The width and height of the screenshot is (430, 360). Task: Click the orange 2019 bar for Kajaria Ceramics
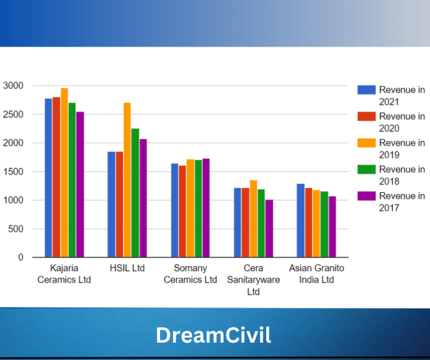coord(64,173)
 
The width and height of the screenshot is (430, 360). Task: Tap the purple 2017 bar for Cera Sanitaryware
coord(269,228)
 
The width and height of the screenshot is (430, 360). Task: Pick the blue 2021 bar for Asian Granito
coord(300,220)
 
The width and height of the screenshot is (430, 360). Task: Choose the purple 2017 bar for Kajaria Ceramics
coord(80,185)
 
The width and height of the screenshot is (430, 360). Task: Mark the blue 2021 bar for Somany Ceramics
coord(174,211)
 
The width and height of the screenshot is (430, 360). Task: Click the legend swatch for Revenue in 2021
coord(367,90)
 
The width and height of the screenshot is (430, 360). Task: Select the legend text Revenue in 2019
coord(402,149)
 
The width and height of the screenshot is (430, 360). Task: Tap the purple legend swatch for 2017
coord(367,196)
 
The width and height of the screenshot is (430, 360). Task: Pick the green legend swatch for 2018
coord(367,169)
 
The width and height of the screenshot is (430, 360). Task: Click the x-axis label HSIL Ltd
coord(127,269)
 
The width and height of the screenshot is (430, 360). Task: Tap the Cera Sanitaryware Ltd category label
coord(253,280)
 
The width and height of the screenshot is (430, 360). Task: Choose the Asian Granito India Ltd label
coord(316,274)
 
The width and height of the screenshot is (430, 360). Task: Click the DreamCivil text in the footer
coord(213,335)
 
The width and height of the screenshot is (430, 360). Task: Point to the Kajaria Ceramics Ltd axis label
coord(64,274)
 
